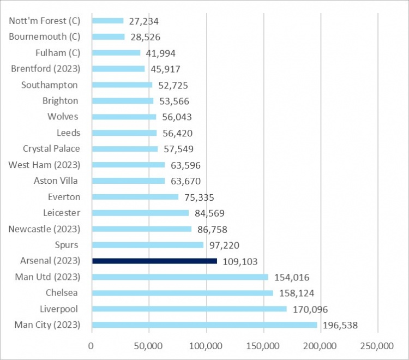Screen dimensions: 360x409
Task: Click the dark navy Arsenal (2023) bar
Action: [x=154, y=261]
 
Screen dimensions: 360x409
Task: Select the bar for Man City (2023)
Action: [x=204, y=325]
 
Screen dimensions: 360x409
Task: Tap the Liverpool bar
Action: [x=189, y=309]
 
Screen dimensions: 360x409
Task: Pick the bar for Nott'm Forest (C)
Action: [x=108, y=21]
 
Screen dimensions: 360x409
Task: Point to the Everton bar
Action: [x=135, y=197]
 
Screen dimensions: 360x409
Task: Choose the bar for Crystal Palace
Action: [x=125, y=148]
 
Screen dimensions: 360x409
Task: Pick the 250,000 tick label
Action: [x=377, y=346]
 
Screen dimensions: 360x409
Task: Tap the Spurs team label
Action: [x=67, y=245]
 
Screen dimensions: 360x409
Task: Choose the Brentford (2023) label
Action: [x=46, y=69]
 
